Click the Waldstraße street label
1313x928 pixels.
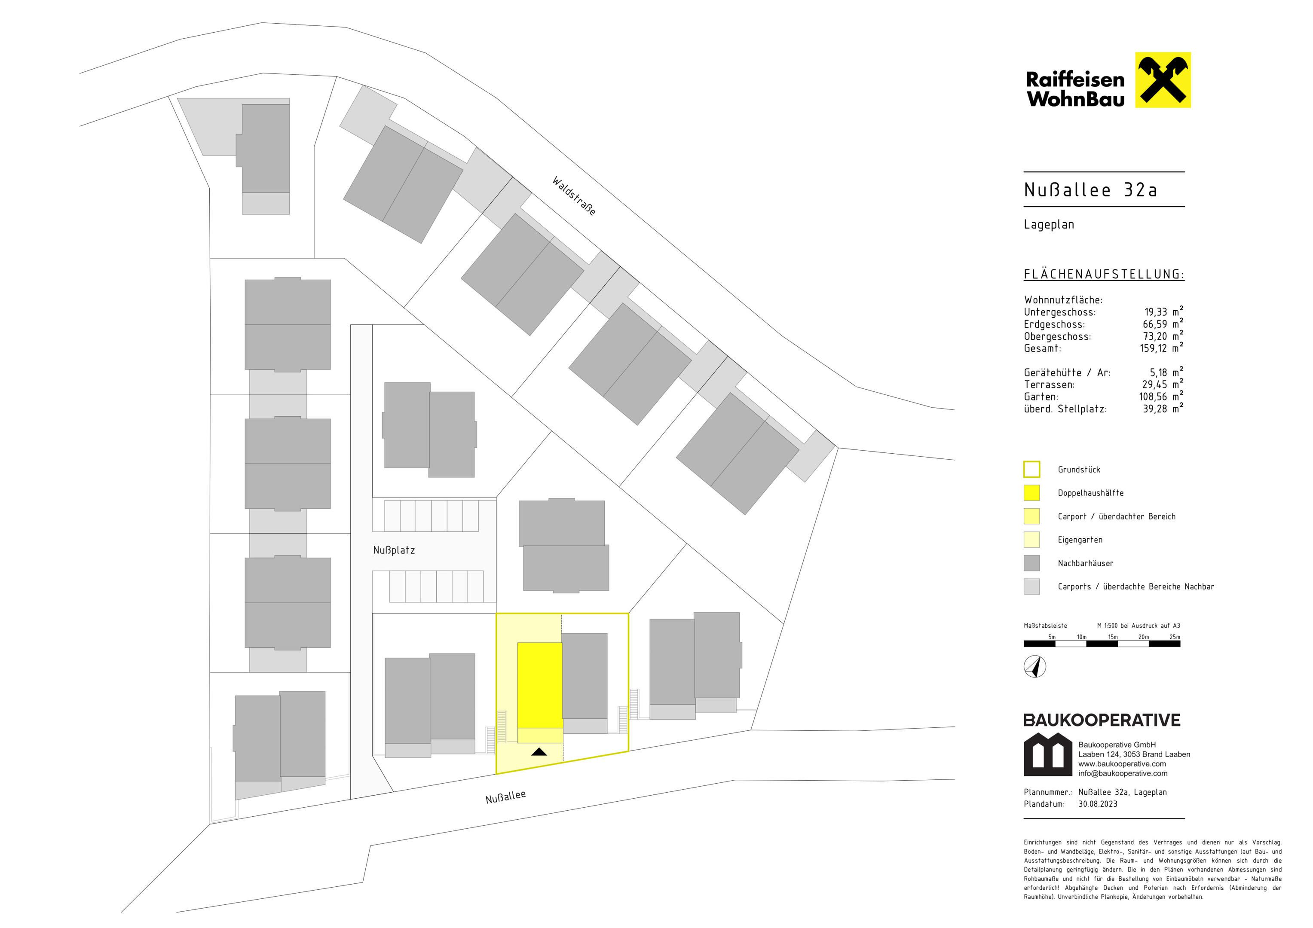[x=574, y=195]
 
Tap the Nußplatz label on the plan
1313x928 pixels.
[x=394, y=550]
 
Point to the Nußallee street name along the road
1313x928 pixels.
[x=505, y=797]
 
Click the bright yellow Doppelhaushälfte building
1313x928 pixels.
[x=540, y=685]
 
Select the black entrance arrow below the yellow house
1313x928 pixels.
[x=539, y=751]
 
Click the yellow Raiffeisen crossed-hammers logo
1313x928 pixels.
[x=1163, y=80]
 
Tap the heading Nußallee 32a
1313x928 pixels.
[x=1090, y=190]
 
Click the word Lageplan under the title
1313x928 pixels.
[x=1049, y=225]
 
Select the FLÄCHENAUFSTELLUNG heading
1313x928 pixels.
[x=1104, y=275]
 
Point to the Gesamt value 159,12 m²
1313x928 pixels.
[x=1161, y=348]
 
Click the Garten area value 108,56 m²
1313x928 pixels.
[x=1161, y=396]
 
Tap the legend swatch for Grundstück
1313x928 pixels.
[x=1031, y=470]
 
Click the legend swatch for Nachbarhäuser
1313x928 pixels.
[x=1031, y=563]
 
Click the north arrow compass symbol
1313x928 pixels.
[x=1035, y=667]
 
